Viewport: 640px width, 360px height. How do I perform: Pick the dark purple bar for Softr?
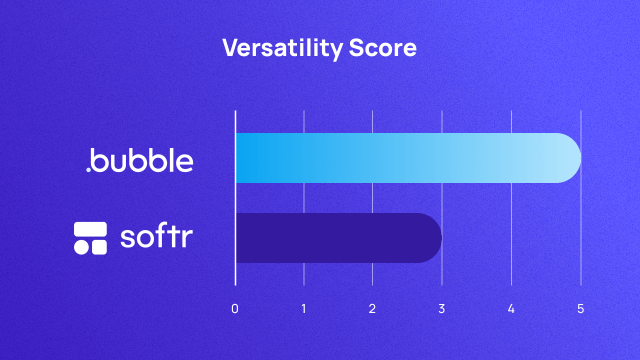330,238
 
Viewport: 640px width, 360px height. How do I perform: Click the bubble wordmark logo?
142,159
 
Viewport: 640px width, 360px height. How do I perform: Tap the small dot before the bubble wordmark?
88,169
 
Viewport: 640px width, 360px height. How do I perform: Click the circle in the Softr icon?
81,247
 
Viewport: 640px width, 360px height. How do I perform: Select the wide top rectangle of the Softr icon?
90,229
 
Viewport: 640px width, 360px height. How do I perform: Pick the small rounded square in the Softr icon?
99,247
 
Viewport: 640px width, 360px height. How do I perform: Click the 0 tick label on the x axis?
235,309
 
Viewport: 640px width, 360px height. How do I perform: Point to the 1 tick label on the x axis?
304,309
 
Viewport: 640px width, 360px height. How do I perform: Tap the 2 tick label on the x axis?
372,309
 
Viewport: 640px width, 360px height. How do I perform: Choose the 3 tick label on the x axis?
441,309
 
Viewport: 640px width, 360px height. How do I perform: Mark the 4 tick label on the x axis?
511,309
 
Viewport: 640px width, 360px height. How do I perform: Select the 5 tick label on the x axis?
580,309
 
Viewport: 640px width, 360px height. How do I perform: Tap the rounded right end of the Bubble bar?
570,158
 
